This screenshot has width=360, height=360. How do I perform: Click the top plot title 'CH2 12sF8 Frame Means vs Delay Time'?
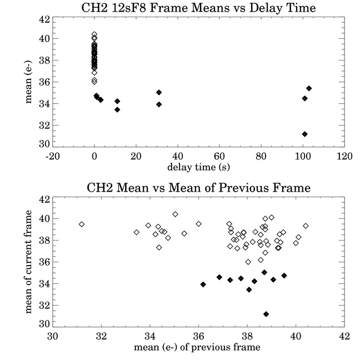(198, 8)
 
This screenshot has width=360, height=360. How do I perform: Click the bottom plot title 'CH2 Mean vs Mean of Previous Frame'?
(198, 188)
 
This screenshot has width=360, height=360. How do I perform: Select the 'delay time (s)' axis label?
(198, 167)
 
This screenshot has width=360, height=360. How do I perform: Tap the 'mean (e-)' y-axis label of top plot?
(28, 82)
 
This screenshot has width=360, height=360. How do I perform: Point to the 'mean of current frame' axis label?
(28, 262)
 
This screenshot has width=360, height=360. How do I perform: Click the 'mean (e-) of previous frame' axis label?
(197, 347)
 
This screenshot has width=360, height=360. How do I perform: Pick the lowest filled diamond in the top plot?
(304, 134)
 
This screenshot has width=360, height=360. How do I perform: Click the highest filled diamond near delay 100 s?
(309, 88)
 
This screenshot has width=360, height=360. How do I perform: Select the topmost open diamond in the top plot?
(94, 34)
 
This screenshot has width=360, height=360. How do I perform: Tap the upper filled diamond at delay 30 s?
(159, 93)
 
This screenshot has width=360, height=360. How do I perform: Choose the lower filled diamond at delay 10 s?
(117, 110)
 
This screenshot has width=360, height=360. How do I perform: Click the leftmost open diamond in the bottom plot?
(82, 224)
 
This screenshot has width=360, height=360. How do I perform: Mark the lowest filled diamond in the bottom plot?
(266, 314)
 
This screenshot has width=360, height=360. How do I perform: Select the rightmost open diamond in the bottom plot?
(306, 226)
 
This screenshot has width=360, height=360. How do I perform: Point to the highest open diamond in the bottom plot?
(175, 214)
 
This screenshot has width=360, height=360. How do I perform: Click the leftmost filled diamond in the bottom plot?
(203, 284)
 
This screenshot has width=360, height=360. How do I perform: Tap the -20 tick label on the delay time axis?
(53, 156)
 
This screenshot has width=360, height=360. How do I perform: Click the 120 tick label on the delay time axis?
(344, 156)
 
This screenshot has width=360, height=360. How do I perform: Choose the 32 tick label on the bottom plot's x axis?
(101, 336)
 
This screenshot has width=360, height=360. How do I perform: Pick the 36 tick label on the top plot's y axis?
(44, 82)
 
